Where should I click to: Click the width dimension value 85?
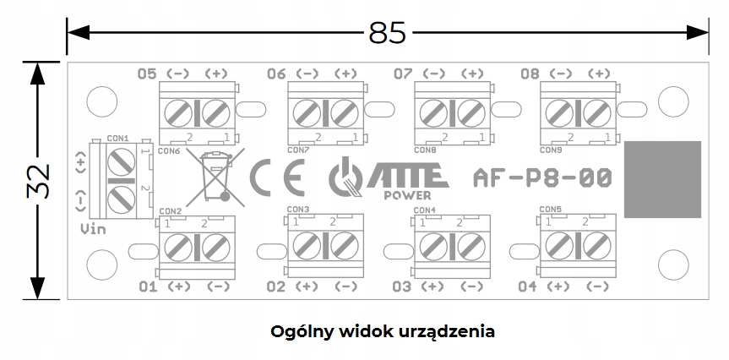coord(387,32)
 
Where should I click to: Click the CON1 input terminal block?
coord(120,179)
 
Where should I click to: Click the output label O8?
coord(530,74)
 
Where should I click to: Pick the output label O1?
coord(148,286)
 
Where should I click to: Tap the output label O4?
coord(527,286)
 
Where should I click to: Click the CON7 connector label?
coord(298,150)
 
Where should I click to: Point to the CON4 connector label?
coord(424,210)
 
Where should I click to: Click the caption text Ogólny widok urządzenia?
coord(382,330)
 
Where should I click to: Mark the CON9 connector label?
coord(550,150)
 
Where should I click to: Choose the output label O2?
coord(275,286)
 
